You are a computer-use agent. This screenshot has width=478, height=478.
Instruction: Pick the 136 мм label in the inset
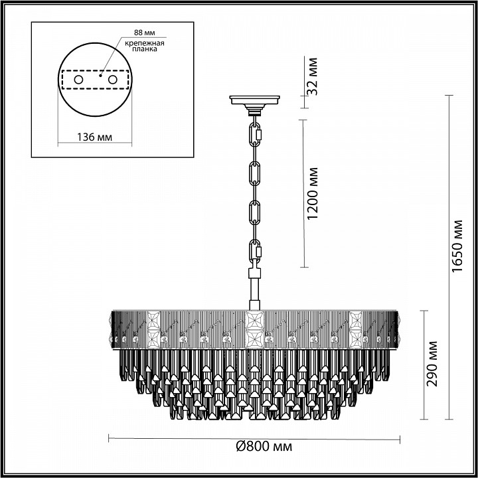coord(94,137)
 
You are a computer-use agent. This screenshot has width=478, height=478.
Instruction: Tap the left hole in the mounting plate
coord(78,80)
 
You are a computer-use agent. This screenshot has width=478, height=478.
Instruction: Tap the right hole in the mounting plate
coord(113,80)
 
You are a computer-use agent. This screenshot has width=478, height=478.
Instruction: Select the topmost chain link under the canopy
coord(255,133)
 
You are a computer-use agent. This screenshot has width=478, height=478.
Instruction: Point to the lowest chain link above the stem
coord(255,253)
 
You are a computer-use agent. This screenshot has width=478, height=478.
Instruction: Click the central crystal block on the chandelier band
coord(254,329)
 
